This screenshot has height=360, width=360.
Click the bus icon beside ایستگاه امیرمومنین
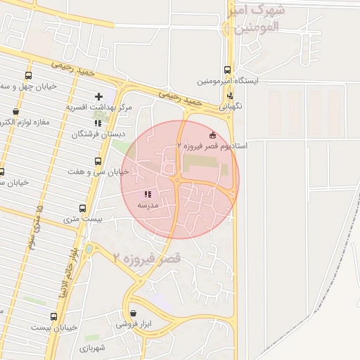point(226,70)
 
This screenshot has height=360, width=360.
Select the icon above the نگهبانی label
point(230,96)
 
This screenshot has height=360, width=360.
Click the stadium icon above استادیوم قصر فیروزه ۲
point(213,134)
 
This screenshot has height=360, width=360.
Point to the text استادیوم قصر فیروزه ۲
point(212,145)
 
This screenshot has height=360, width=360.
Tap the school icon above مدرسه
point(148,195)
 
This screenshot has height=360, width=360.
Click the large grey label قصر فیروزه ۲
point(146,258)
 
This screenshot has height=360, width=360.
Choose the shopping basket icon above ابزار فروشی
point(134,313)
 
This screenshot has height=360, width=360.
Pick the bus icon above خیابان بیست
point(53,317)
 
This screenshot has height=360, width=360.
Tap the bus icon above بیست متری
point(83,209)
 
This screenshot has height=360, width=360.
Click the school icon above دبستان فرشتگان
point(97,122)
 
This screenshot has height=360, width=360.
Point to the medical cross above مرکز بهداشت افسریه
point(98,96)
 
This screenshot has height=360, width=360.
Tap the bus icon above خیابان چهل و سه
point(28,76)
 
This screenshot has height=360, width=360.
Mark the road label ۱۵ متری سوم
point(34,228)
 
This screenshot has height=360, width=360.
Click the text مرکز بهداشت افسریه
point(99,107)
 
